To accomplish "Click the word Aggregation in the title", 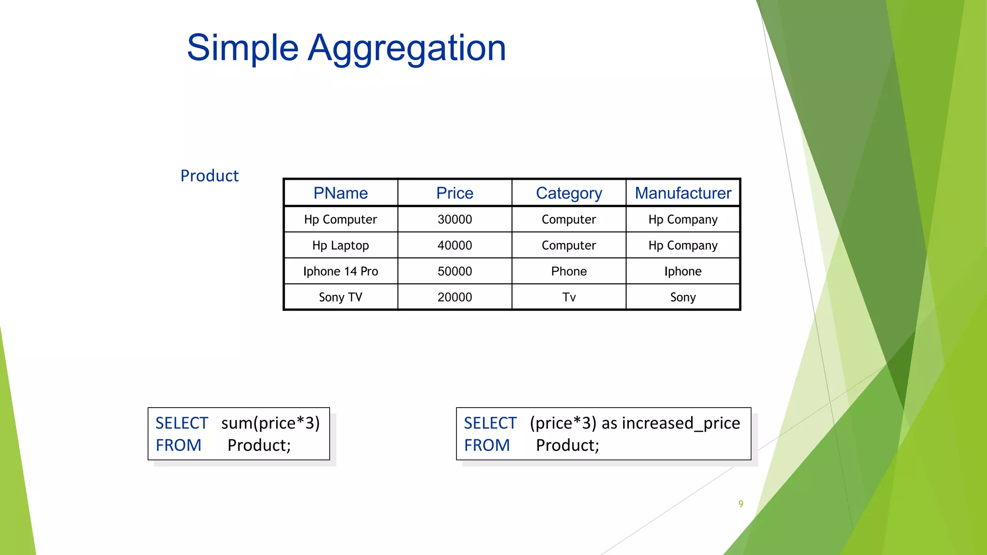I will point(407,48).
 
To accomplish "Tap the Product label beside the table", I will point(209,176).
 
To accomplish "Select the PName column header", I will point(340,193).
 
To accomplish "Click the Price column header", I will point(454,193).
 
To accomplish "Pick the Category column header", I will point(569,193).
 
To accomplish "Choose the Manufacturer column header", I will point(683,193).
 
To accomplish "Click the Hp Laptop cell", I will point(340,246).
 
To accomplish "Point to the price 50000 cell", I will point(454,271).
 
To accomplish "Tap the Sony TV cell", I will point(340,297).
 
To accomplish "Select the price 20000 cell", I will point(454,297).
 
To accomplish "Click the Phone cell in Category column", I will point(569,271).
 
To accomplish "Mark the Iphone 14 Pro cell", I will point(340,271).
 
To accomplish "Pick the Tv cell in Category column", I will point(569,297).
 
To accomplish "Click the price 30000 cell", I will point(454,220).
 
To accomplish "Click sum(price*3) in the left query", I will point(270,423).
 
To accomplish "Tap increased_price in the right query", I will point(681,423).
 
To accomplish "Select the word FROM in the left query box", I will point(178,445).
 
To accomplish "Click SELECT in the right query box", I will point(490,423).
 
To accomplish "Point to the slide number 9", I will point(741,503).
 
